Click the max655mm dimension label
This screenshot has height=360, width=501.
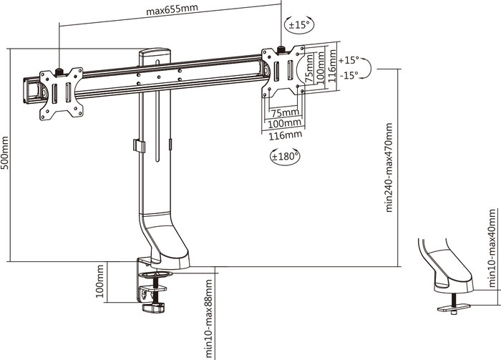(172, 11)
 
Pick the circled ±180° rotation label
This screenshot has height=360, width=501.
(285, 155)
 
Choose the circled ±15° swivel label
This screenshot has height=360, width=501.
(298, 25)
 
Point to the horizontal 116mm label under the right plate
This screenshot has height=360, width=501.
(285, 134)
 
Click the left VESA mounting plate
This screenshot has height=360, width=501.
(61, 93)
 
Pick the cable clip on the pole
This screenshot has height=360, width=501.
(139, 145)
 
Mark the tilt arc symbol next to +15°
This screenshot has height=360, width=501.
(366, 69)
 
